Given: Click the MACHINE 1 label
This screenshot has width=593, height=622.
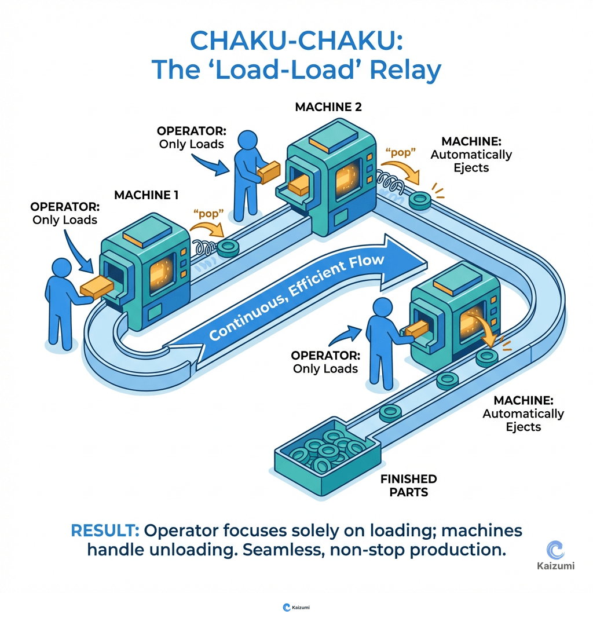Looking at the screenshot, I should coord(146,195).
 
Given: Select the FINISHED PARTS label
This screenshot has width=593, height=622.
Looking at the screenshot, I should coord(408,486).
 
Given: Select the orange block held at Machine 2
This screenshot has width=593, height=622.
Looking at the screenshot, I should coord(269,171).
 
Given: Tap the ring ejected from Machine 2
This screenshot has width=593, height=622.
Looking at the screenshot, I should coord(419,199).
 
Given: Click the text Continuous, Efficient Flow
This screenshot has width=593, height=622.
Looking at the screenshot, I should coord(296,299).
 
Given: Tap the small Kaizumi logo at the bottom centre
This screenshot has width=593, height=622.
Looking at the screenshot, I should coord(286,607).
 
